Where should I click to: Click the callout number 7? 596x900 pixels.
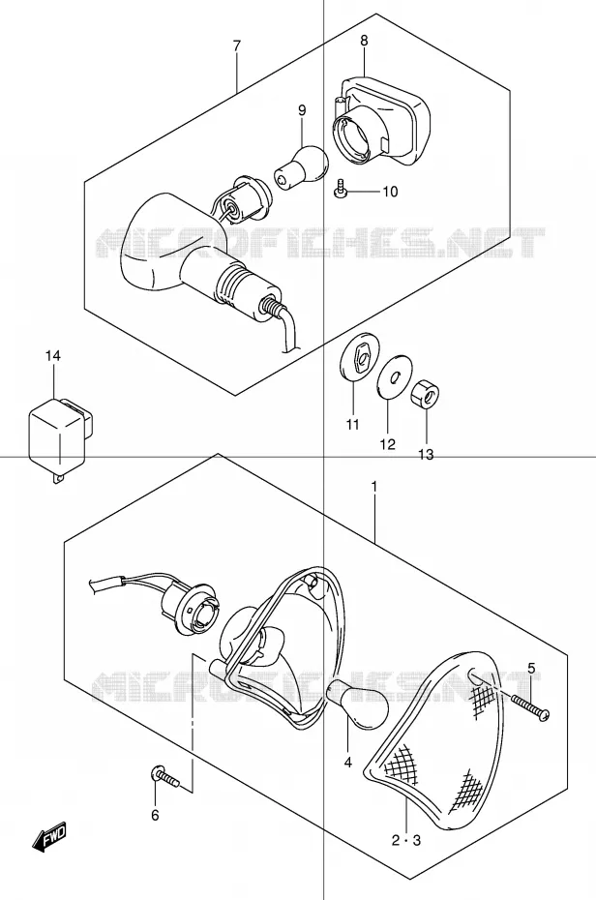236,45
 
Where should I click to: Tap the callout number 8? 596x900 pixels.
364,41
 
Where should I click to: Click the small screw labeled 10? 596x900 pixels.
341,190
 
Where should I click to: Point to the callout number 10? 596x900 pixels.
390,192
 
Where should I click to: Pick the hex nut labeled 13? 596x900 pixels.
425,395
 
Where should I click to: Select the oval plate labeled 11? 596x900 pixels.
356,357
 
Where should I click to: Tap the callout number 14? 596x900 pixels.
53,356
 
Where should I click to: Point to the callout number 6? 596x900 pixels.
155,815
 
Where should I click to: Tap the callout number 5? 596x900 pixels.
531,668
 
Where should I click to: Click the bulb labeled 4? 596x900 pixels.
357,702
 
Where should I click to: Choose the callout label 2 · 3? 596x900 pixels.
406,840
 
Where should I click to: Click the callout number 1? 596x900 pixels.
373,488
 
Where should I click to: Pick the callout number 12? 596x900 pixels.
387,443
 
